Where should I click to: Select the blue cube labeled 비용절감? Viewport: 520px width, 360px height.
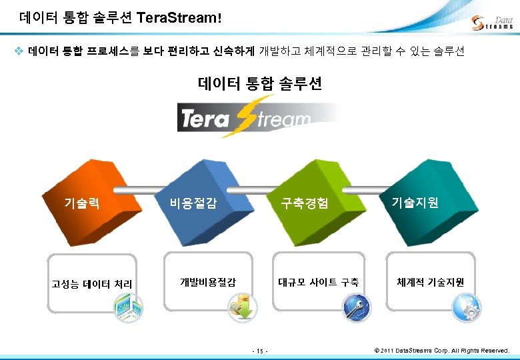(193, 199)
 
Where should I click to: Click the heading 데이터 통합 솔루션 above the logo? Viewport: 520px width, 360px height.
(260, 84)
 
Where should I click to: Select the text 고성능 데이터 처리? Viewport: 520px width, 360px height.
(92, 284)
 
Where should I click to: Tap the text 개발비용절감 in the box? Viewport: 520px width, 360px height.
(208, 282)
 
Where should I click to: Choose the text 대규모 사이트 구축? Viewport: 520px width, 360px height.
(319, 282)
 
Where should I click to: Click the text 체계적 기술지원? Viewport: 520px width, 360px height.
(431, 282)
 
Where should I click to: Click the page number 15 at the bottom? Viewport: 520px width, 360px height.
(260, 351)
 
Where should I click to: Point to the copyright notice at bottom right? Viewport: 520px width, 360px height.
(441, 350)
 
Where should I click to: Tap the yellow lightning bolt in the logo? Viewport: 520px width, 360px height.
(248, 115)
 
